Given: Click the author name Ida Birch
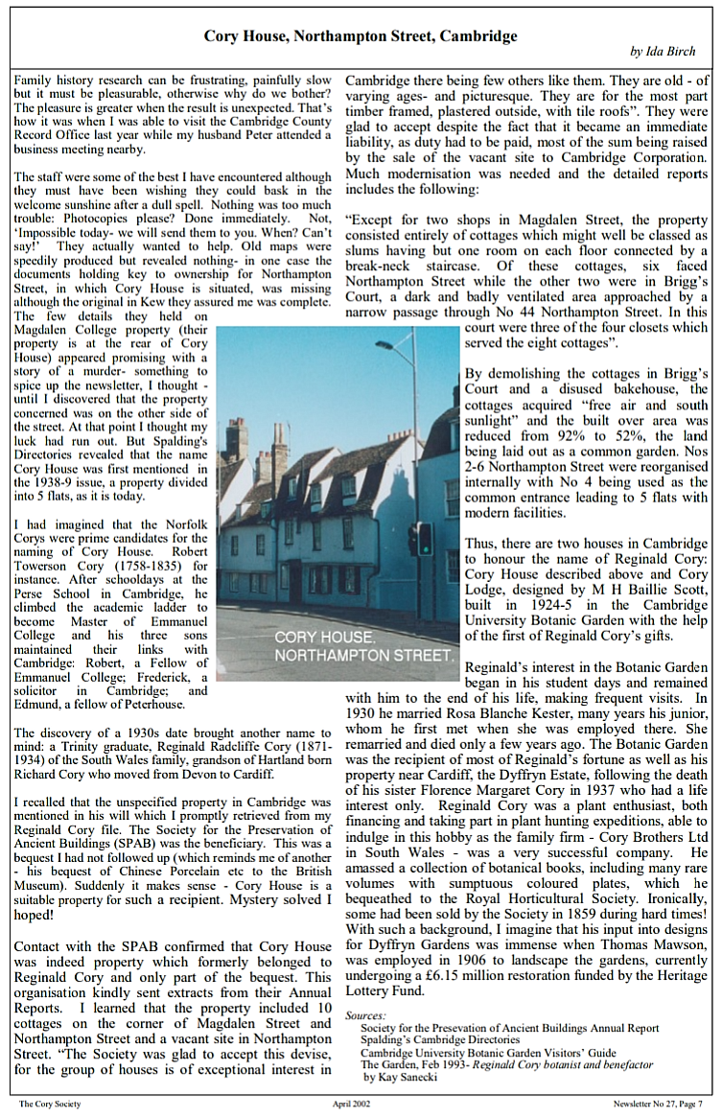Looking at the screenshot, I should (x=675, y=52).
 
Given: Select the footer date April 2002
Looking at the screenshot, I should (x=354, y=1104).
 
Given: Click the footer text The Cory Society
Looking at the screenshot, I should (x=49, y=1104).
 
